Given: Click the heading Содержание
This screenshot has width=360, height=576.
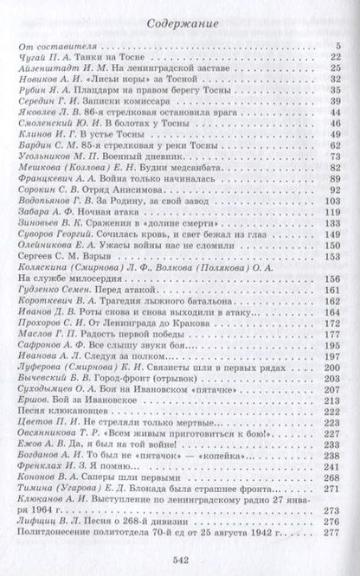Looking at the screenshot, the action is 179,24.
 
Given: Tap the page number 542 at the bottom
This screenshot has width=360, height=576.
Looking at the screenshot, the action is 180,558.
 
